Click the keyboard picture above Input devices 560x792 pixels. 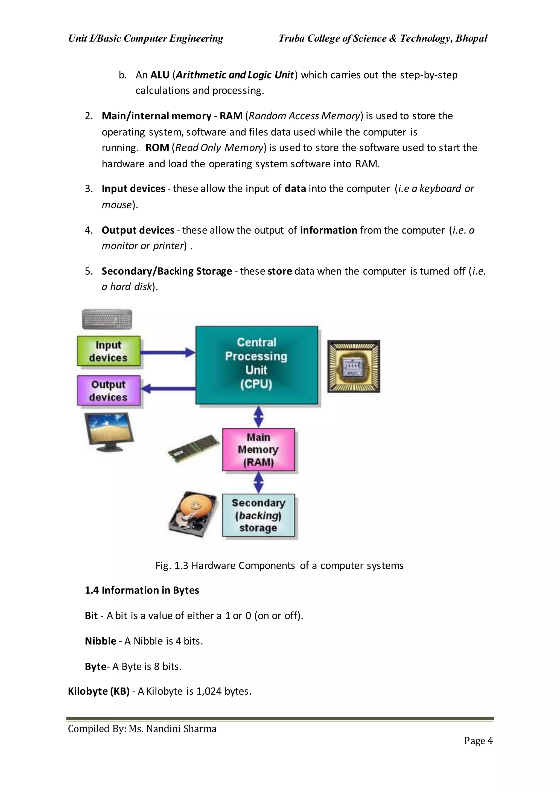(107, 319)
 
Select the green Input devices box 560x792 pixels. (109, 351)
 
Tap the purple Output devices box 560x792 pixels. (109, 391)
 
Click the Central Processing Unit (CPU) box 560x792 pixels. (256, 365)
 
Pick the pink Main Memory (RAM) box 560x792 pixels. (258, 450)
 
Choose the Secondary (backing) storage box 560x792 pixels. (258, 515)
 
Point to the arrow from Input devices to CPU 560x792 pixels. (168, 353)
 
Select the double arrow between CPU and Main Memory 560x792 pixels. (258, 416)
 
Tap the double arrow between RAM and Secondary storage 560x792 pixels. (258, 482)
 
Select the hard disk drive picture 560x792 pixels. (193, 514)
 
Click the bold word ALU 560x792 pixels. (160, 75)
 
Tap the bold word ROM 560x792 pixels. (157, 148)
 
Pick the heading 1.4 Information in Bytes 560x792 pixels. (142, 590)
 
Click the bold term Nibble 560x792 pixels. (100, 641)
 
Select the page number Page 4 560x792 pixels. (478, 741)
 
